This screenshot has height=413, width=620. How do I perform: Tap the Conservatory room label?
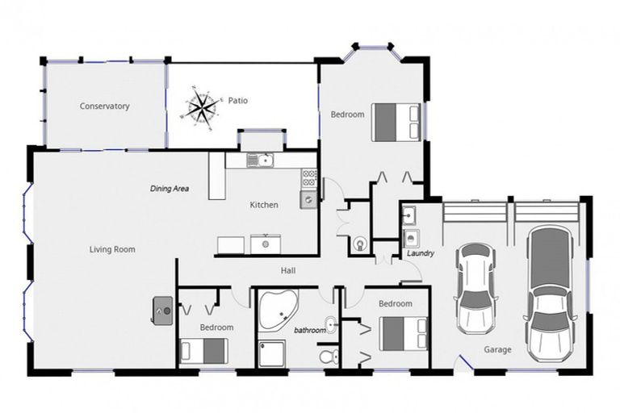pyautogui.click(x=104, y=106)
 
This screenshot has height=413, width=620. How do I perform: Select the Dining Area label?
pyautogui.click(x=170, y=189)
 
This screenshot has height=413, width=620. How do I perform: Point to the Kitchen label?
pyautogui.click(x=264, y=205)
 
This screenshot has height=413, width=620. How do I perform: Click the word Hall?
pyautogui.click(x=288, y=271)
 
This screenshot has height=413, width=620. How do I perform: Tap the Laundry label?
pyautogui.click(x=421, y=253)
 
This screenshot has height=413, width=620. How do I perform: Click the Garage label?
pyautogui.click(x=497, y=349)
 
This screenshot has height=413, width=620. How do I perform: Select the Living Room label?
pyautogui.click(x=112, y=249)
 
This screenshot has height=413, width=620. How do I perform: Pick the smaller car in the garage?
pyautogui.click(x=475, y=288)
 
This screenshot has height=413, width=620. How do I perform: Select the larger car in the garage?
pyautogui.click(x=550, y=294)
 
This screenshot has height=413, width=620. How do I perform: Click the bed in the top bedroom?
pyautogui.click(x=396, y=122)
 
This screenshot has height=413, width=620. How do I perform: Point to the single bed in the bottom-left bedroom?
pyautogui.click(x=204, y=351)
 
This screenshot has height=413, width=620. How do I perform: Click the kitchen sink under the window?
pyautogui.click(x=261, y=161)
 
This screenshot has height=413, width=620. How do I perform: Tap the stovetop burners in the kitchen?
pyautogui.click(x=309, y=177)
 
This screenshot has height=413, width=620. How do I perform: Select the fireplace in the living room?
pyautogui.click(x=163, y=311)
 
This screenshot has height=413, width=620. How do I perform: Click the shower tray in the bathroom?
pyautogui.click(x=271, y=354)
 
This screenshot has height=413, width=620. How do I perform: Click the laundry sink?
pyautogui.click(x=408, y=215)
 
